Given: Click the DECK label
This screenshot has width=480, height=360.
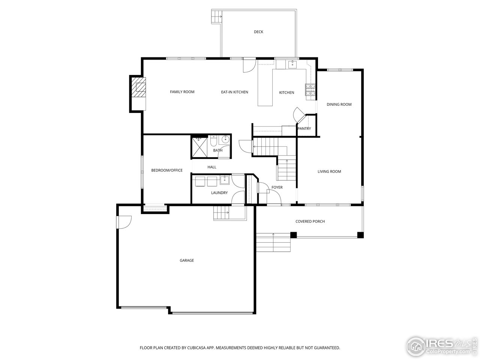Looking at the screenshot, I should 258,32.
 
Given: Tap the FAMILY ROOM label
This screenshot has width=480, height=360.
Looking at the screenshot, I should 182,92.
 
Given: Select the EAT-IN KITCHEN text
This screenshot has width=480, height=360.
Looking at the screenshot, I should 234,92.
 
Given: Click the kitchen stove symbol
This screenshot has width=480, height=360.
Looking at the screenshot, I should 310,90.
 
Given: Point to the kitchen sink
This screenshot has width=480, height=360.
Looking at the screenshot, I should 292,64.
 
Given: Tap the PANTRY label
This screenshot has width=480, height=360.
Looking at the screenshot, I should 304,129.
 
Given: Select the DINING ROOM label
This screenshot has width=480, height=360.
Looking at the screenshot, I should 339,105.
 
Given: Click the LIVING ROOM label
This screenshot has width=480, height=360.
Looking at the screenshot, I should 329,172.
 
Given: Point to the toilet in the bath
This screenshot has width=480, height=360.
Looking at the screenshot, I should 213,141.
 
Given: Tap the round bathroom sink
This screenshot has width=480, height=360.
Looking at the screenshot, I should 225,140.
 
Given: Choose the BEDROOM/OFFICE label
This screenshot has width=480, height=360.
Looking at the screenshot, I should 167,170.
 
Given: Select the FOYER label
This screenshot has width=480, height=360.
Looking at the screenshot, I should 277,187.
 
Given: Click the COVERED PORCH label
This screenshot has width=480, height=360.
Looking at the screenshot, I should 310,222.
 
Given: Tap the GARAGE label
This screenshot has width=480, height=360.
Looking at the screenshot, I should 187,261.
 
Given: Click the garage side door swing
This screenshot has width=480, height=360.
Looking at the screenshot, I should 124,222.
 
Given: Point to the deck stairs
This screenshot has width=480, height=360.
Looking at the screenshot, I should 216,16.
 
